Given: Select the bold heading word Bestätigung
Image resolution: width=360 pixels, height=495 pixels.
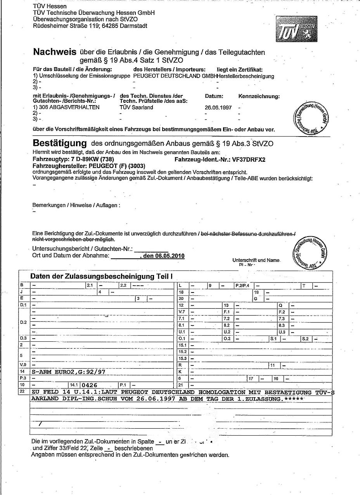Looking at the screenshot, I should (60, 143).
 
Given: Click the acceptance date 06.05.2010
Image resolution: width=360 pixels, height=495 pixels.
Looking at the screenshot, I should (169, 256).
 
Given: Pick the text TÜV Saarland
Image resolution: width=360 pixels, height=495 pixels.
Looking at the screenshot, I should (137, 107).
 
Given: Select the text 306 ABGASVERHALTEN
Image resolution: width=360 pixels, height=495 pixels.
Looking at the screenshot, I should (69, 107).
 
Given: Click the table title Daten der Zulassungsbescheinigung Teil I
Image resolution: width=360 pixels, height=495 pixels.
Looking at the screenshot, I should (101, 277).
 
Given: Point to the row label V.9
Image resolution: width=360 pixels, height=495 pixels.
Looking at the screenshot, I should (23, 365).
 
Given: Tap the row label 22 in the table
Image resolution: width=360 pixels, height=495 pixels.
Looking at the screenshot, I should (22, 392).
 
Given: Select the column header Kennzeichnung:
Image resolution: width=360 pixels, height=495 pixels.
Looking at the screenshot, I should (259, 96).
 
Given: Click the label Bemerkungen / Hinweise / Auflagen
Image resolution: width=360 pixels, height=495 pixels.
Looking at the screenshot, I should (76, 205).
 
